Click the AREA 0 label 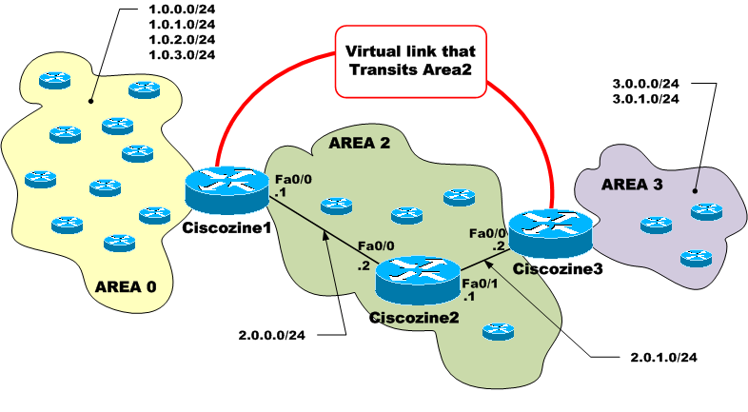124,284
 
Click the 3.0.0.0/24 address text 645,84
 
